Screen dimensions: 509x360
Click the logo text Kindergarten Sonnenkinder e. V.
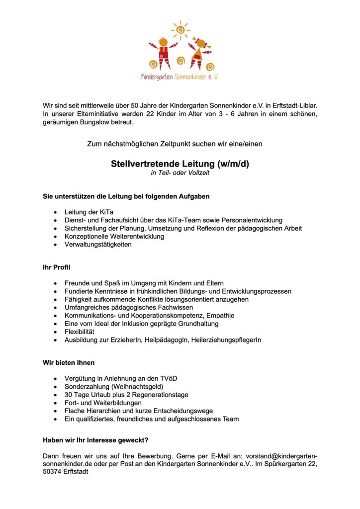[180, 77]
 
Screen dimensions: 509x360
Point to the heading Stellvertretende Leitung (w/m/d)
[180, 164]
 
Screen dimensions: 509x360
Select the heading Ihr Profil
[56, 267]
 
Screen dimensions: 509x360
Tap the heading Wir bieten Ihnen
[68, 362]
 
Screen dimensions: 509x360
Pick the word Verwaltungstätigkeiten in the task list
[98, 245]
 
